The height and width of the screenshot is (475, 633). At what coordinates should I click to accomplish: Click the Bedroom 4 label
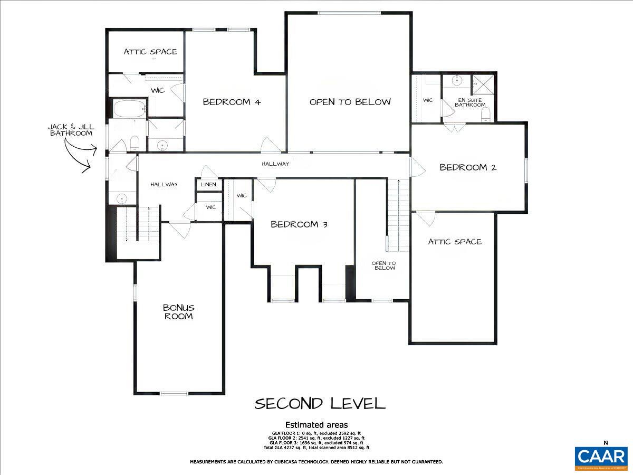point(232,102)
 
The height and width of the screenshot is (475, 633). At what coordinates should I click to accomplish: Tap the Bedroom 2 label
point(468,167)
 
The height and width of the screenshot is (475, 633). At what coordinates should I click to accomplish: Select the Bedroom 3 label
point(299,224)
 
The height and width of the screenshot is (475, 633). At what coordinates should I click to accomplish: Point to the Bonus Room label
point(178,311)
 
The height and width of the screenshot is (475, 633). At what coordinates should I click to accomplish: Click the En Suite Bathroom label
point(471,102)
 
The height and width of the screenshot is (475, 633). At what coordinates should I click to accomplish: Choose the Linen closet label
point(208,185)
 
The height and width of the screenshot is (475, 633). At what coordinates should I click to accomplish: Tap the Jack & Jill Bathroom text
point(71,130)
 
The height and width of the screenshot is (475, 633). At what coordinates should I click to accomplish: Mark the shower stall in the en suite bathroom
point(483,83)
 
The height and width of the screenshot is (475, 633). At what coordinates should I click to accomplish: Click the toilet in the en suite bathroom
point(486,114)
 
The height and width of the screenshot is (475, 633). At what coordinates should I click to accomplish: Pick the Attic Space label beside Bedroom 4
point(150,52)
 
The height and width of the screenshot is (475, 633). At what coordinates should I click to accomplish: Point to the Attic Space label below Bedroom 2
point(454,242)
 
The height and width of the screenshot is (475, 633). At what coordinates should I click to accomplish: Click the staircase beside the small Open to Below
point(399,215)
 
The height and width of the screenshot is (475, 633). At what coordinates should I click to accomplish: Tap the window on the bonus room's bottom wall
point(174,393)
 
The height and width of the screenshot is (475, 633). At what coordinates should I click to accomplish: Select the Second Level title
point(320,404)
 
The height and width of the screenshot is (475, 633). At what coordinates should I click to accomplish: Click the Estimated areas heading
point(316,425)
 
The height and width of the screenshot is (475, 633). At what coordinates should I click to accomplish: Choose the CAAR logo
point(601,457)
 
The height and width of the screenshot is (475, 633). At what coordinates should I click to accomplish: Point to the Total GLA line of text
point(316,448)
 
